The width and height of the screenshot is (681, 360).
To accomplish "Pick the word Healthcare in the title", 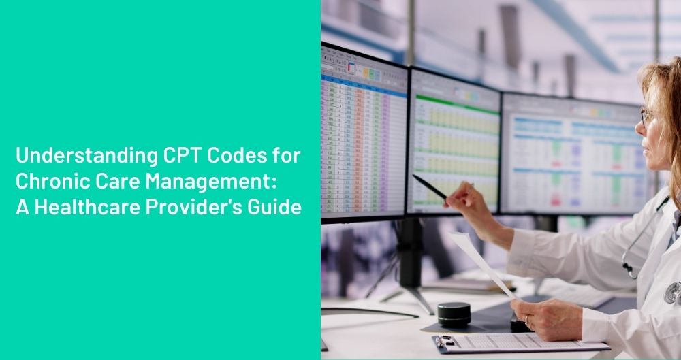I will pyautogui.click(x=84, y=208).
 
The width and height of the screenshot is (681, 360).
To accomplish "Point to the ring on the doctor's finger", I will pyautogui.click(x=526, y=320).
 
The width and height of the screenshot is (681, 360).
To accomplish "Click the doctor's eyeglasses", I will pyautogui.click(x=644, y=116).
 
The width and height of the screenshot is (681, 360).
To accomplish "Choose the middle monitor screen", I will pyautogui.click(x=454, y=143).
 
